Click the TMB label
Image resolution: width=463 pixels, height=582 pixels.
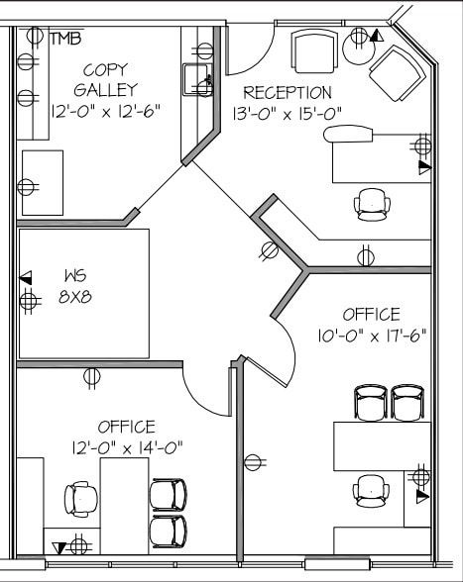pyautogui.click(x=65, y=39)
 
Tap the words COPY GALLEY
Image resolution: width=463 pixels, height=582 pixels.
pyautogui.click(x=104, y=79)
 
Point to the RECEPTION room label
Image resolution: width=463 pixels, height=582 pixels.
pyautogui.click(x=288, y=93)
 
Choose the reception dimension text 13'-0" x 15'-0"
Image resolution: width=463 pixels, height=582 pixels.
pyautogui.click(x=288, y=114)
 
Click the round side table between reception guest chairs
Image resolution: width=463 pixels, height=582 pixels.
pyautogui.click(x=357, y=44)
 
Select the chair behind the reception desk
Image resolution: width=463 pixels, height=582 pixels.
pyautogui.click(x=373, y=202)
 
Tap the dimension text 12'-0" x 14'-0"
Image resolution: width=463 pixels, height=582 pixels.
pyautogui.click(x=127, y=447)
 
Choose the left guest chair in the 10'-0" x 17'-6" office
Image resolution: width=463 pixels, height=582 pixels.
pyautogui.click(x=371, y=402)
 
